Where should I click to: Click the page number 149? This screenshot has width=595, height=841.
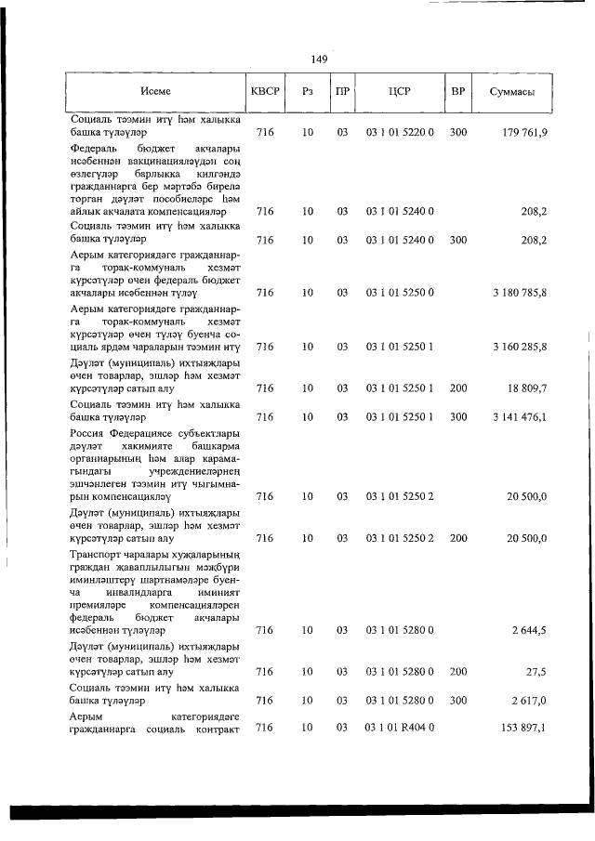[319, 59]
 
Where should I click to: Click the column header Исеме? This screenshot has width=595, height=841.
[156, 92]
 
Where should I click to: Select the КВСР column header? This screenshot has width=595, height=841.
[265, 92]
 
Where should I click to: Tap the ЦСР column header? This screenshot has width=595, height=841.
[400, 92]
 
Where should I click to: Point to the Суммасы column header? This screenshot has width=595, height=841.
[511, 92]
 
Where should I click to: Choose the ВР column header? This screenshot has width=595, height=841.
[457, 92]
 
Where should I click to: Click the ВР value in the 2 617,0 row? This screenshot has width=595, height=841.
[457, 700]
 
